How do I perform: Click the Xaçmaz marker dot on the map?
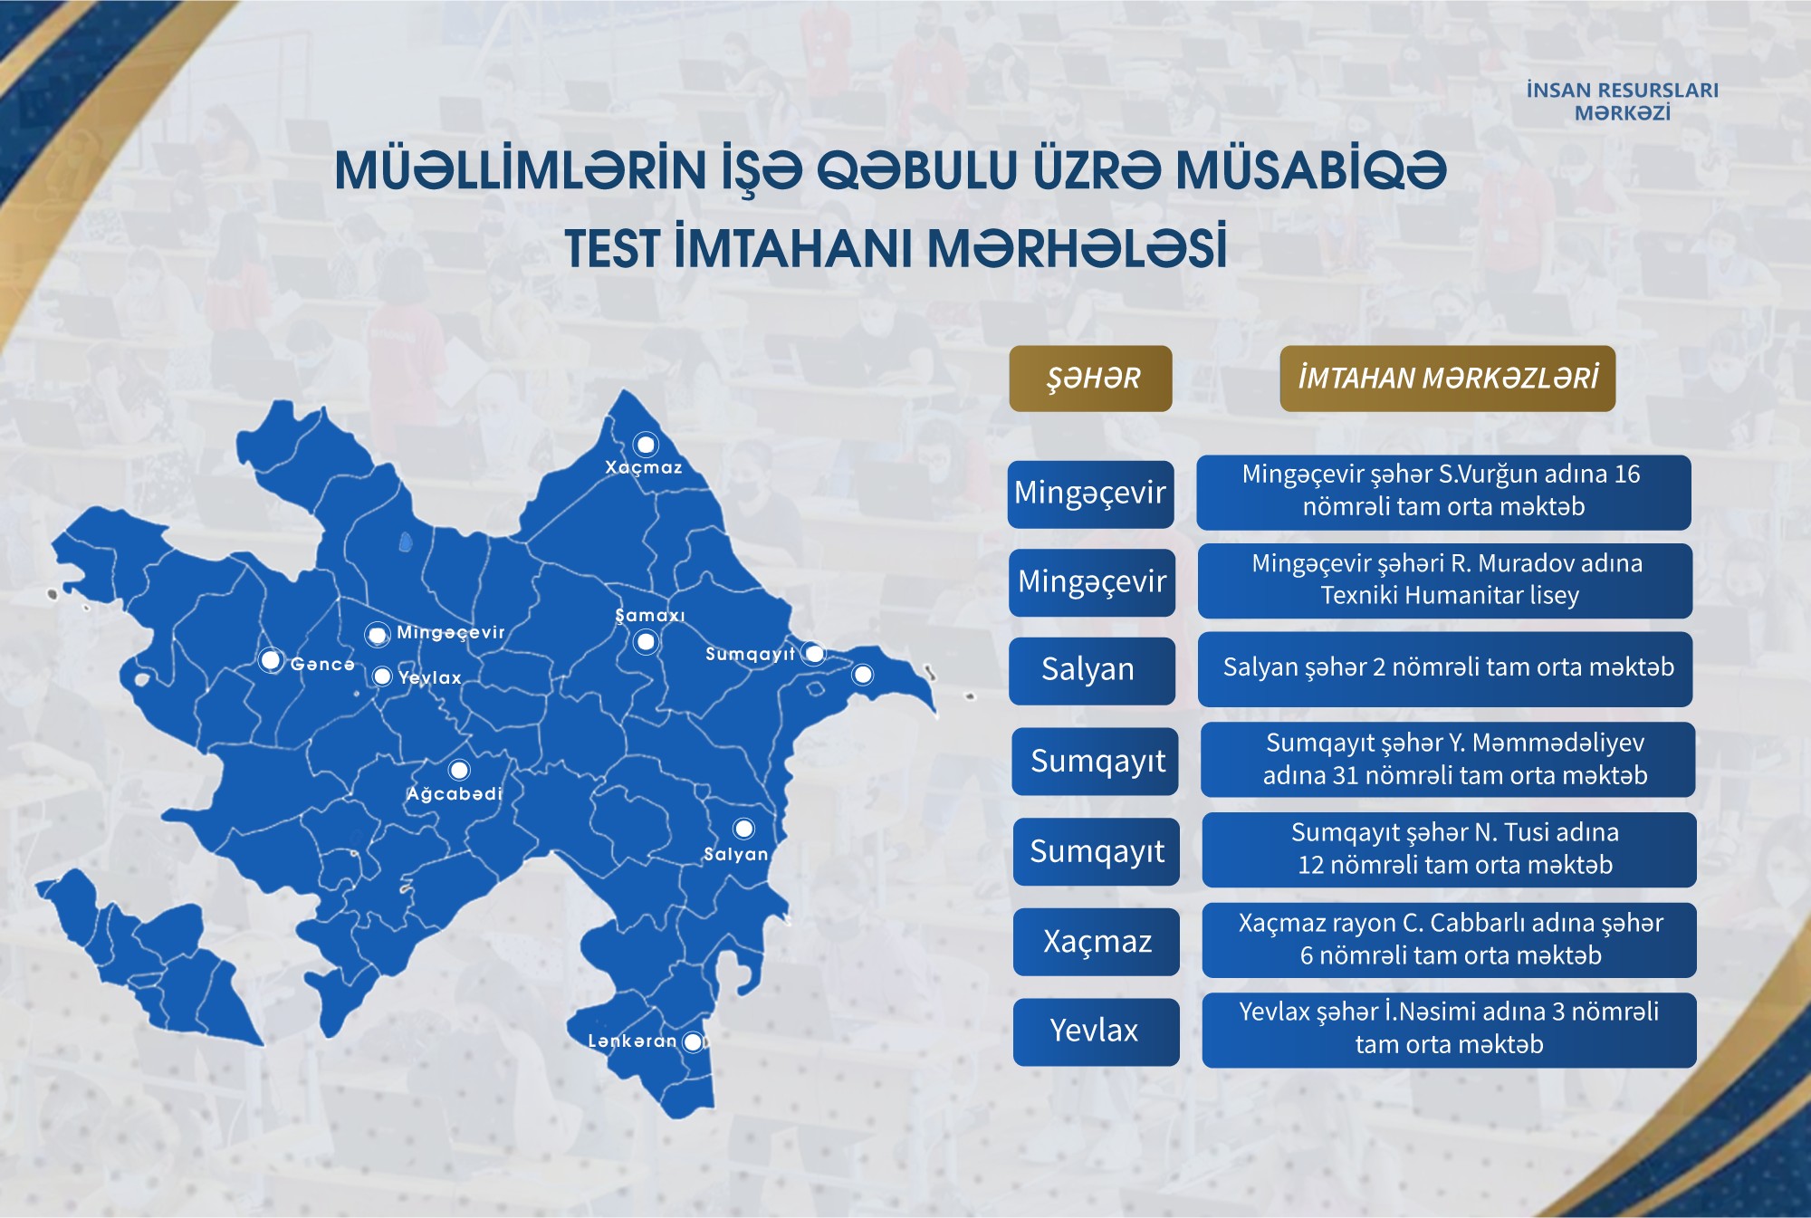646,444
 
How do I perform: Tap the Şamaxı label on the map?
650,616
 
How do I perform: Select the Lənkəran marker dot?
693,1042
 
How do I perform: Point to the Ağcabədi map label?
454,794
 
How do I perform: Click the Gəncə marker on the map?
270,660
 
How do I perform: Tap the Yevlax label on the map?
430,677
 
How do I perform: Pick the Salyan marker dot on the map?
743,829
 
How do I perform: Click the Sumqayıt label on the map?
750,655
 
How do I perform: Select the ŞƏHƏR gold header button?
1090,379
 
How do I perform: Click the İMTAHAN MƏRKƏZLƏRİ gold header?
1447,379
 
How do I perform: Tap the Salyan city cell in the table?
1092,670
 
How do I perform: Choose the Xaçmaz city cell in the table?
1097,942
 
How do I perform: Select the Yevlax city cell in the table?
1097,1031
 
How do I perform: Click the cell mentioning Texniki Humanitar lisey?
1445,580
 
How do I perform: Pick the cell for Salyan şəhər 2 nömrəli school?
1445,669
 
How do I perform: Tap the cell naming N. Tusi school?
1449,849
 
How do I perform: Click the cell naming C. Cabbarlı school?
1449,940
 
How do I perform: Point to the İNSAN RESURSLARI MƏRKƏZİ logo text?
1622,101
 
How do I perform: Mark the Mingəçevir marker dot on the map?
377,635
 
